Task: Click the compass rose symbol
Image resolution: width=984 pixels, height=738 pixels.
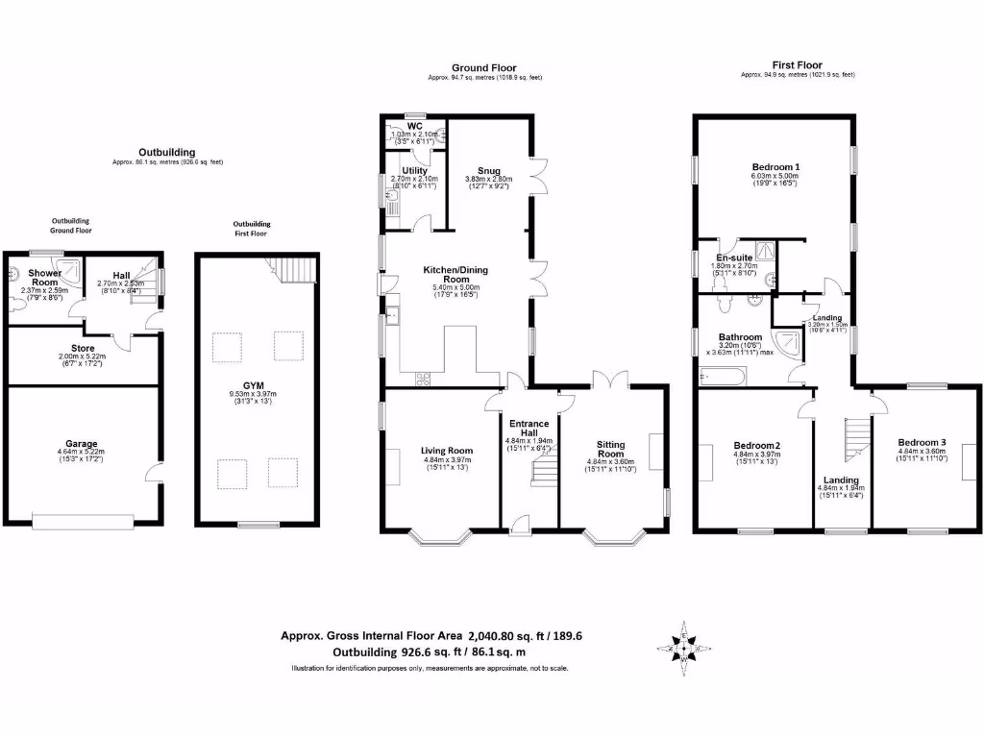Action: pos(683,651)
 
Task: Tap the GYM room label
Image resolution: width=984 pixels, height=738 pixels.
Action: pos(253,384)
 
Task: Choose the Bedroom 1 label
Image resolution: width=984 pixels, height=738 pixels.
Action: pos(775,166)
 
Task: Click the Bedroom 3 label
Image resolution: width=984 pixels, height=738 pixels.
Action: pos(922,442)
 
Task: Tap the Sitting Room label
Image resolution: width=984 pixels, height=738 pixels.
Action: pos(610,450)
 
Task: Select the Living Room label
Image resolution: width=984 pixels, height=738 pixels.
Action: pos(447,450)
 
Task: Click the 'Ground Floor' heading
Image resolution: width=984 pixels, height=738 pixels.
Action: pos(484,67)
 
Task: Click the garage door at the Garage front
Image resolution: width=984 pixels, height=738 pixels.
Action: pos(82,522)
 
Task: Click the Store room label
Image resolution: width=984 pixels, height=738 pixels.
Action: pos(82,348)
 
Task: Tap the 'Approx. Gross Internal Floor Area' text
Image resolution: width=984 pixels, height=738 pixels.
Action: pos(372,635)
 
